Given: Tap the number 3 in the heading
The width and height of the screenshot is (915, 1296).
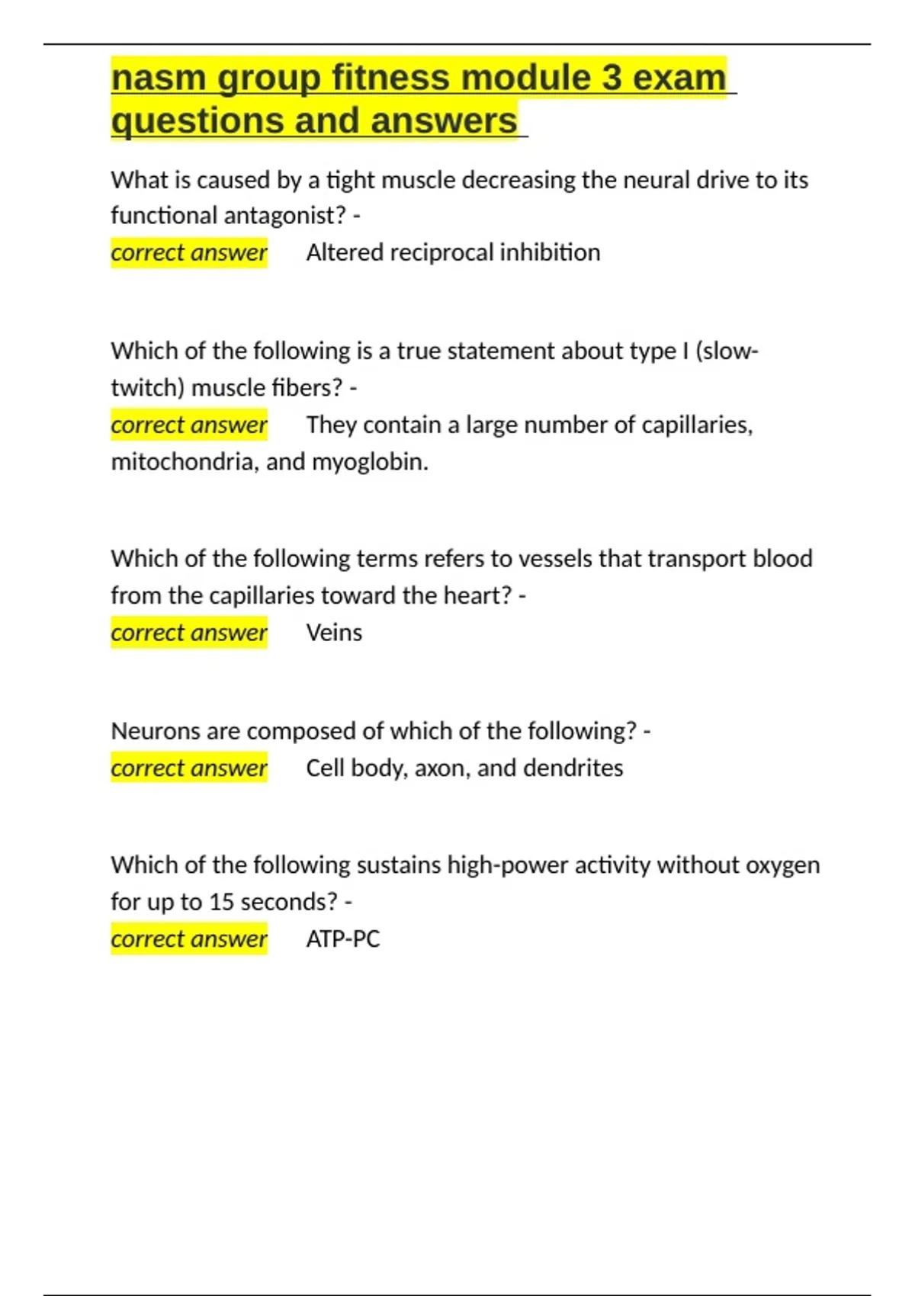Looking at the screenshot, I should [611, 79].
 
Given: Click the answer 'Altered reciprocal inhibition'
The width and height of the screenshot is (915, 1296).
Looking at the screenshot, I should [453, 252].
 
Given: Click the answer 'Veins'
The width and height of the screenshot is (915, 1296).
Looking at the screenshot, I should [334, 633].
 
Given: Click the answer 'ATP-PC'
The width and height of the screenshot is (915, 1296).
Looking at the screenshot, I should [343, 938].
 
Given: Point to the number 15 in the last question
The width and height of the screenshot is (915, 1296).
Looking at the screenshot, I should [221, 902].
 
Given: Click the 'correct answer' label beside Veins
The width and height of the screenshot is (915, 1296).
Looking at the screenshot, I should [189, 633].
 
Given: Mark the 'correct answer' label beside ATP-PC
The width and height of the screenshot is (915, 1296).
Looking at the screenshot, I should [189, 938].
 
